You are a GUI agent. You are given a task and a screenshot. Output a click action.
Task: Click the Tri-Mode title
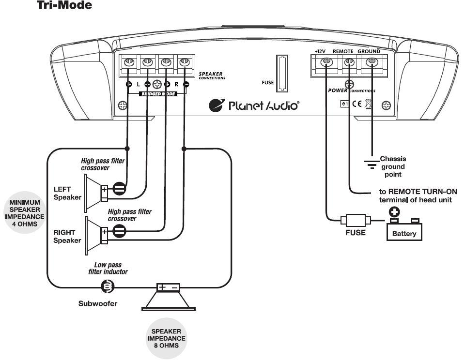(x=64, y=5)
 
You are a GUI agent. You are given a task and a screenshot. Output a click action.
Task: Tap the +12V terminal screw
(x=326, y=62)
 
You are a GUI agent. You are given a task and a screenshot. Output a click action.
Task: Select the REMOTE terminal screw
(x=349, y=62)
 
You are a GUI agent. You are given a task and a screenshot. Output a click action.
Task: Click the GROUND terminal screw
(x=372, y=62)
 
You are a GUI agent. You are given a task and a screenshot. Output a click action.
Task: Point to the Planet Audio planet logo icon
(x=217, y=105)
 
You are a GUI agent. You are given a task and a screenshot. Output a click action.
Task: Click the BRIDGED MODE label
(x=158, y=94)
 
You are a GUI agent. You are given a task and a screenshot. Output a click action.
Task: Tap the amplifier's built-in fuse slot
(x=282, y=73)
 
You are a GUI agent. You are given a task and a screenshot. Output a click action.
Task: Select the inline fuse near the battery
(x=356, y=220)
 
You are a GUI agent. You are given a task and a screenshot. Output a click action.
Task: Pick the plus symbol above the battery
(x=394, y=212)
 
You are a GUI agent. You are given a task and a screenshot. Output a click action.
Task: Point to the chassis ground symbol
(x=372, y=165)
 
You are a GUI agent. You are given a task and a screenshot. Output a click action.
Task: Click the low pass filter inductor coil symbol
(x=108, y=287)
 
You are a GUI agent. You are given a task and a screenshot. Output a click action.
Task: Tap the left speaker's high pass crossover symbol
(x=119, y=188)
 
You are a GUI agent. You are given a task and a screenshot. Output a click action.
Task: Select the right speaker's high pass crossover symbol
(x=119, y=231)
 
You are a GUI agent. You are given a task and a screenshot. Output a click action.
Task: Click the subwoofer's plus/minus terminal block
(x=168, y=287)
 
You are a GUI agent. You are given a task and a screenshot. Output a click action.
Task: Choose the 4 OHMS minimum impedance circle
(x=25, y=212)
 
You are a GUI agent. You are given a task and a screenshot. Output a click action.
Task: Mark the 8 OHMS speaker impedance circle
(x=166, y=338)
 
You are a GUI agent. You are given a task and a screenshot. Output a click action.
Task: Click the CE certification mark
(x=357, y=104)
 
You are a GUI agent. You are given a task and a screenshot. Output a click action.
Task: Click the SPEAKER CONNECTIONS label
(x=212, y=75)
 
